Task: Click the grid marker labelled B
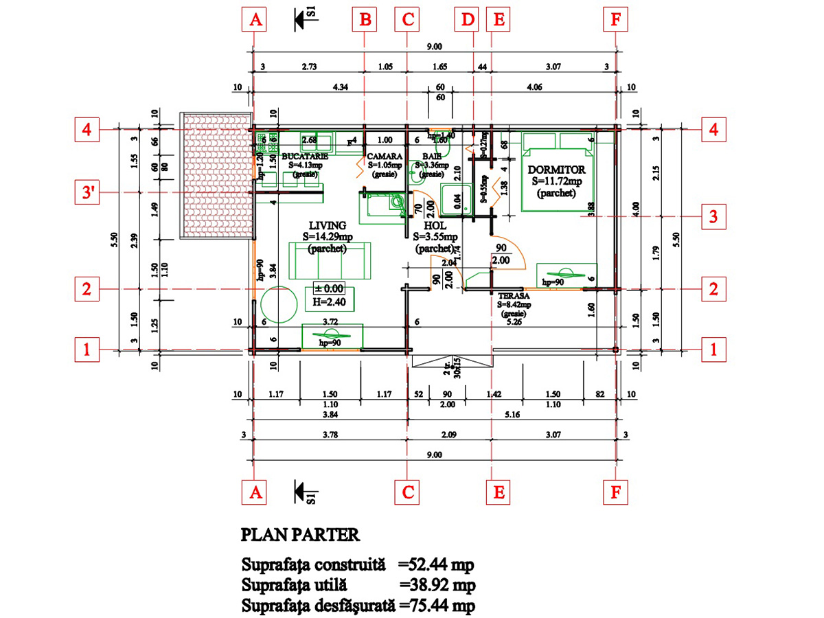365,20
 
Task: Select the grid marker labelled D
468,20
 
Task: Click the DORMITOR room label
556,169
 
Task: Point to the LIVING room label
327,225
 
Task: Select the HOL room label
435,225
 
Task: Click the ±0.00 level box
328,287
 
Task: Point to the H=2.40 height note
328,301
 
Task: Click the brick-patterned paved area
215,176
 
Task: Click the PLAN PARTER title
300,535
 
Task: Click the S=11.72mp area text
556,182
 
